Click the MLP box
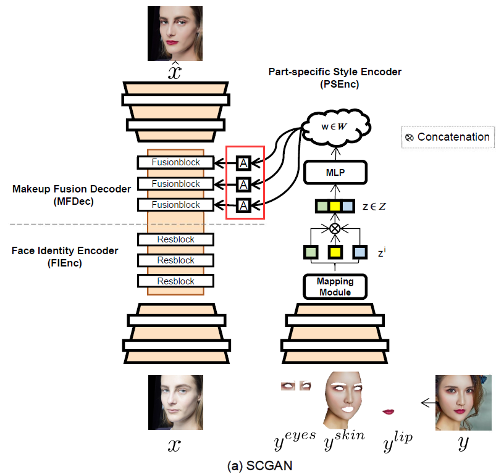pyautogui.click(x=335, y=173)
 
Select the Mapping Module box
pyautogui.click(x=335, y=286)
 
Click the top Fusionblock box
pyautogui.click(x=176, y=163)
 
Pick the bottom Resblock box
pyautogui.click(x=176, y=281)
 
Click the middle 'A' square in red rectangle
pyautogui.click(x=244, y=184)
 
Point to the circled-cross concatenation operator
pyautogui.click(x=335, y=228)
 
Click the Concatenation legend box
pyautogui.click(x=448, y=137)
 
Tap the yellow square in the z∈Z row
pyautogui.click(x=335, y=206)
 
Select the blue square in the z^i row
pyautogui.click(x=360, y=252)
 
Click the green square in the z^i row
pyautogui.click(x=311, y=252)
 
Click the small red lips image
pyautogui.click(x=389, y=411)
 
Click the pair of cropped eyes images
pyautogui.click(x=296, y=386)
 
